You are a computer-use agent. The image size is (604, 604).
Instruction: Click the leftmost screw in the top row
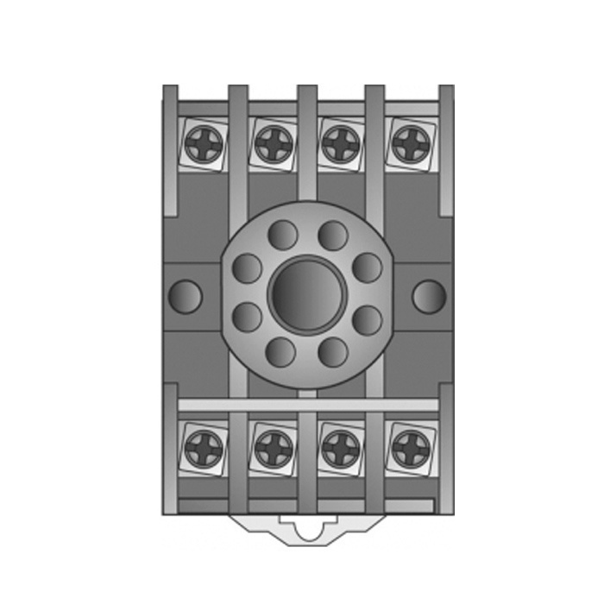click(204, 143)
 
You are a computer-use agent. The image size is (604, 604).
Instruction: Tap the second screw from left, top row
click(273, 143)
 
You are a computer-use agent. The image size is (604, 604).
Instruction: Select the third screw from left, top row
click(340, 143)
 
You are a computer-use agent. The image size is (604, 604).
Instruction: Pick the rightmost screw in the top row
click(408, 143)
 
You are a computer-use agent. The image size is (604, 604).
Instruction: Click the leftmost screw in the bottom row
click(204, 447)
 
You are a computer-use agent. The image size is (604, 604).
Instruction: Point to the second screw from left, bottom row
click(273, 447)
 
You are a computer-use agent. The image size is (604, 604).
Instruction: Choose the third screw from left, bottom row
click(340, 447)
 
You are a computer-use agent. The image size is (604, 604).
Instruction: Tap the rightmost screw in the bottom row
click(408, 447)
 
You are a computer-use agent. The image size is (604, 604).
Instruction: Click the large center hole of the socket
click(306, 294)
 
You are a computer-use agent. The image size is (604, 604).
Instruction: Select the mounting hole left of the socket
click(186, 296)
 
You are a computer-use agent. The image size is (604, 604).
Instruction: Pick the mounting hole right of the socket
click(428, 296)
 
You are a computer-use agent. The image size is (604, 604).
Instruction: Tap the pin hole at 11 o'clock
click(281, 236)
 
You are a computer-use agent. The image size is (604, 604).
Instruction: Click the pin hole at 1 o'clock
click(332, 236)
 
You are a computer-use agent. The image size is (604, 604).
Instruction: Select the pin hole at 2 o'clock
click(367, 267)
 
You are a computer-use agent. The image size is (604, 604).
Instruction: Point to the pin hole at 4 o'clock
click(367, 320)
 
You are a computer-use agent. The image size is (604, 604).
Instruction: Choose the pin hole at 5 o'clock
click(332, 352)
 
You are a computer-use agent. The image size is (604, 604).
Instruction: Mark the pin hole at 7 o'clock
click(281, 352)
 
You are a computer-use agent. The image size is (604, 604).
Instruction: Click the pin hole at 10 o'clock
click(248, 267)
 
